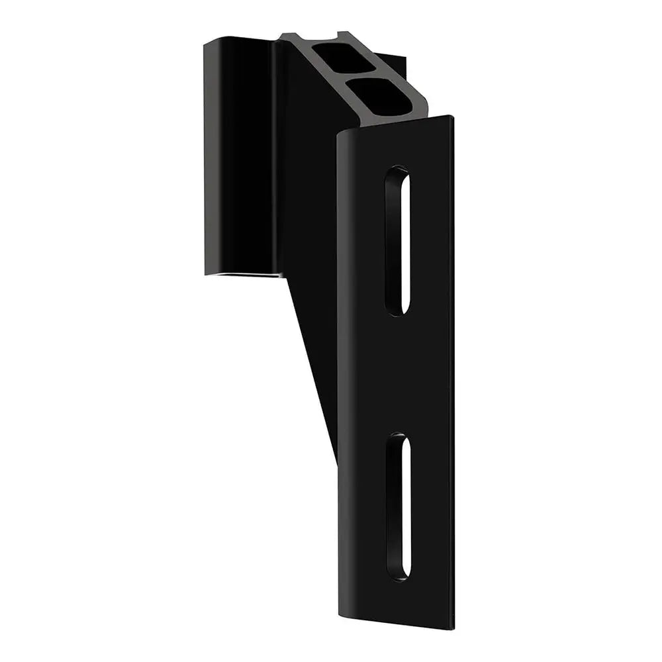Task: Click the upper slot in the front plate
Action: (398, 240)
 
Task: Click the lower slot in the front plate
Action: (399, 506)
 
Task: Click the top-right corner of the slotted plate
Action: (451, 118)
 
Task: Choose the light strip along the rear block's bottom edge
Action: (245, 274)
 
